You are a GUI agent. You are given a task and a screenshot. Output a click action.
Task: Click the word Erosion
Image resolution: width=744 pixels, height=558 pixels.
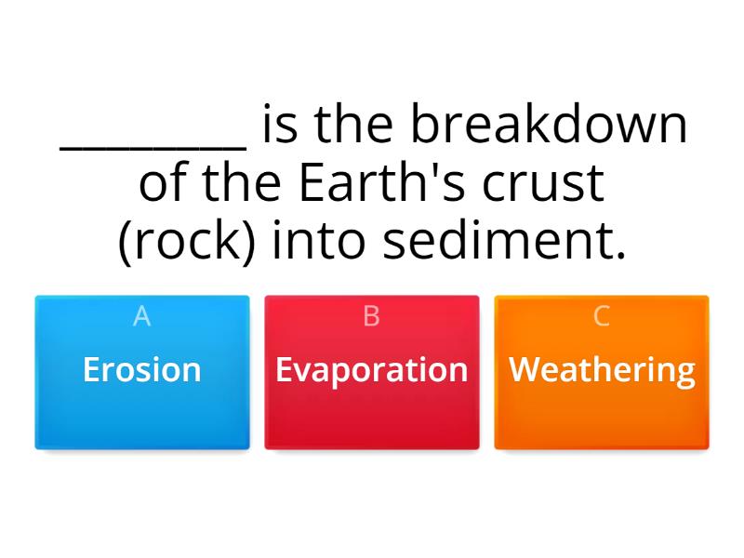coord(141,370)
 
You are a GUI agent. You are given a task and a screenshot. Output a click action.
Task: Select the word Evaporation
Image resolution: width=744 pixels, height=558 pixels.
coord(371,370)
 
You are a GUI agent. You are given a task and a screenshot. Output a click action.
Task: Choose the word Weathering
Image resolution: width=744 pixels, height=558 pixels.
coord(602,370)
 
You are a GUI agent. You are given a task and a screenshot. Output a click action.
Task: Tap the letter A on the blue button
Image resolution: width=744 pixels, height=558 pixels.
coord(141,316)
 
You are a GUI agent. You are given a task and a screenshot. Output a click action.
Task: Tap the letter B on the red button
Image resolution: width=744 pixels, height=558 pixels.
coord(371,316)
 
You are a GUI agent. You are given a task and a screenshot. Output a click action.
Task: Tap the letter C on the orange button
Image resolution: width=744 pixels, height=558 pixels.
coord(602,316)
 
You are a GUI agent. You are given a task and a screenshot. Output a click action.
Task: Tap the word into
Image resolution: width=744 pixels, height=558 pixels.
coord(317,241)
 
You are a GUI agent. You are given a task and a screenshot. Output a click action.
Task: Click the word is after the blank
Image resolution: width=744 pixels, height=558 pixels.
coord(280,126)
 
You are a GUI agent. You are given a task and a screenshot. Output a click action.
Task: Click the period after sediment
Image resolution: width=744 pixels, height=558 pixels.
coord(620,255)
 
